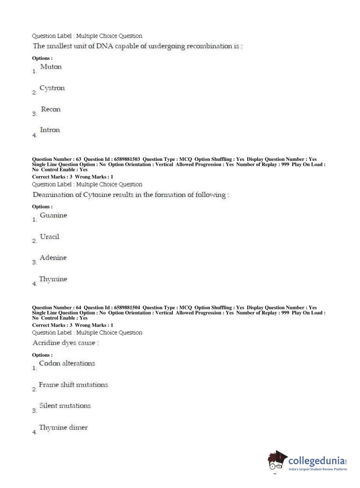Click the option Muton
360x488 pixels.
(51, 67)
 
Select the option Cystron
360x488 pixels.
(52, 88)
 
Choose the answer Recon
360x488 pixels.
(51, 109)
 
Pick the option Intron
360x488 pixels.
(50, 130)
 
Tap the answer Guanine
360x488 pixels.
(53, 215)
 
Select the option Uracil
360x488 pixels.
(50, 237)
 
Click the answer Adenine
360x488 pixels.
(53, 258)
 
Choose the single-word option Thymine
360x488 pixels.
(53, 279)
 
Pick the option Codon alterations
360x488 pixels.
(67, 363)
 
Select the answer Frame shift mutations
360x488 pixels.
(73, 385)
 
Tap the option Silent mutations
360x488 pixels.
(65, 406)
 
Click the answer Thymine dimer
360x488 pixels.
(63, 428)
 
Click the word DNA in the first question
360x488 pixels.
(105, 46)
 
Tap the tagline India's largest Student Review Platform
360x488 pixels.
(318, 469)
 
